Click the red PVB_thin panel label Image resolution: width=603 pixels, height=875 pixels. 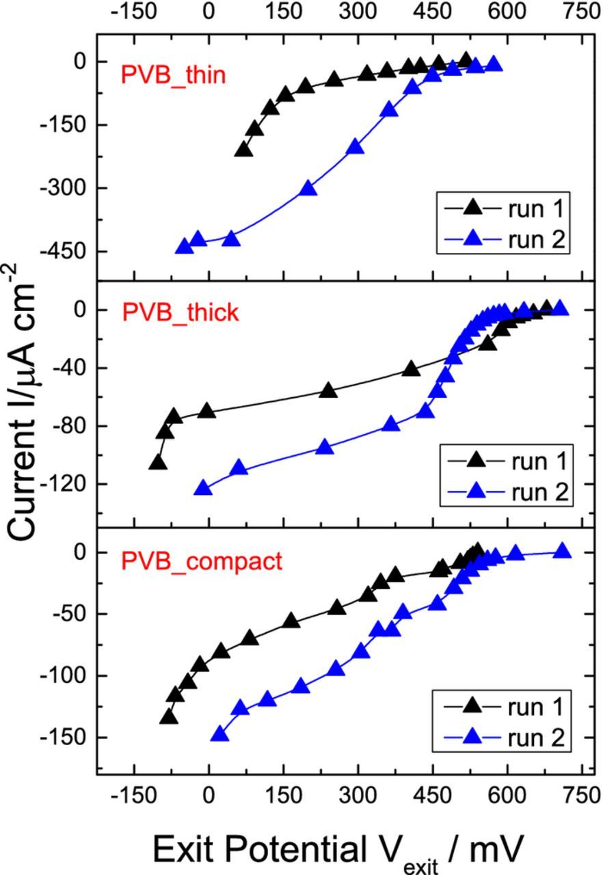tap(173, 74)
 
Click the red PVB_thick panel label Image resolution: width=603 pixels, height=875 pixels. tap(180, 312)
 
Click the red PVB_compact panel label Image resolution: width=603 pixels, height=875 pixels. tap(202, 561)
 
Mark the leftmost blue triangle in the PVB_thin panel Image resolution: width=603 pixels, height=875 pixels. tap(183, 247)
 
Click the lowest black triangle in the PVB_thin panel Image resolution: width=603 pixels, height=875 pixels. tap(243, 150)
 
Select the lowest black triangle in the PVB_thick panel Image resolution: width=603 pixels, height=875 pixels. tap(158, 463)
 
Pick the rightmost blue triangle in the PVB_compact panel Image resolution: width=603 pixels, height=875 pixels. tap(562, 551)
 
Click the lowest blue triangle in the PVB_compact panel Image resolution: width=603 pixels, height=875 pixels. tap(219, 735)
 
